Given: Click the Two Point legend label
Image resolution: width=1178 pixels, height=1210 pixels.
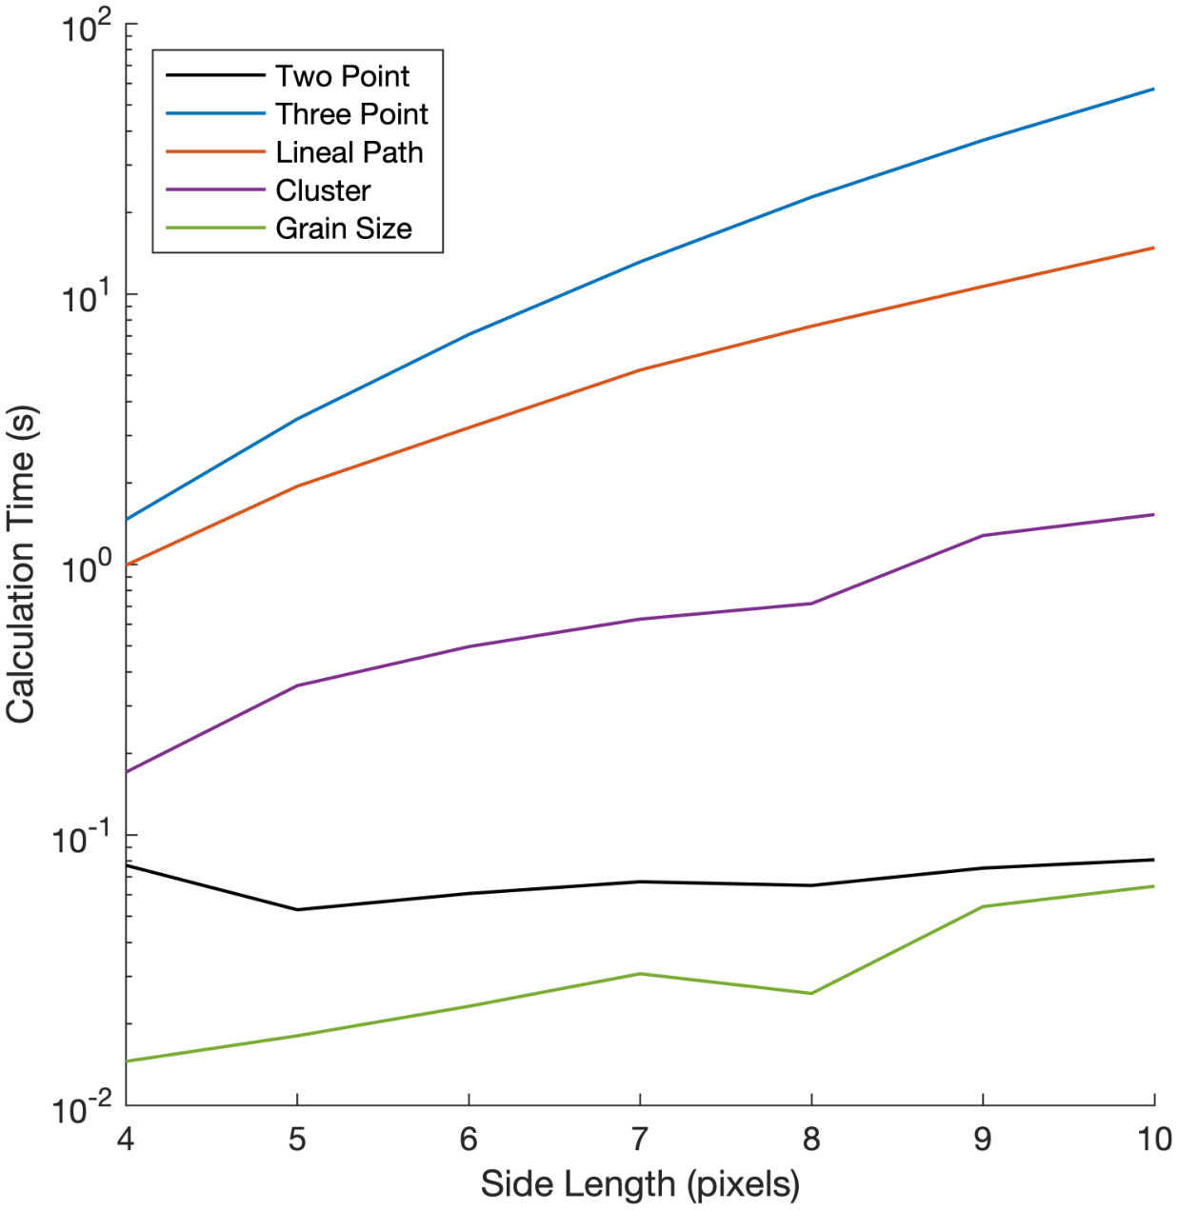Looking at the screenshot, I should tap(342, 76).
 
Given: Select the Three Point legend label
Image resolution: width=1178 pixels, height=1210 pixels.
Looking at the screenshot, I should tap(351, 114).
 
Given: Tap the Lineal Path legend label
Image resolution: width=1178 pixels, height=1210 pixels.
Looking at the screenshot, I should tap(349, 152).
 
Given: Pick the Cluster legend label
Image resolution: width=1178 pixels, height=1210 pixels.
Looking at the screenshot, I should tap(323, 190).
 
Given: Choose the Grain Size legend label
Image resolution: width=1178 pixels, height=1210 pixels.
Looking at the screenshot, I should tap(343, 228).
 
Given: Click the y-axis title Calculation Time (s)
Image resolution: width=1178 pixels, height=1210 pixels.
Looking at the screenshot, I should tap(21, 564).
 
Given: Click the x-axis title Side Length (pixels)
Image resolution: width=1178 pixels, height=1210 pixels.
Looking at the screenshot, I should tap(640, 1184).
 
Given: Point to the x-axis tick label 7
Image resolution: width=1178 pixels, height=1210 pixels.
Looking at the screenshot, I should tap(640, 1139).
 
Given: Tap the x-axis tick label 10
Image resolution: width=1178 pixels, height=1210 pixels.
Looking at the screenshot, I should tap(1154, 1139).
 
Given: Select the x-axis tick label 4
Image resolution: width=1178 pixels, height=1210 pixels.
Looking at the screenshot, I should tap(126, 1139).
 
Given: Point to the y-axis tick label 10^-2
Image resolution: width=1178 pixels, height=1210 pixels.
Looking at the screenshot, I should tap(84, 1107).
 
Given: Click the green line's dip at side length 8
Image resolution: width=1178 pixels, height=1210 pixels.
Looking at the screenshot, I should tap(811, 993).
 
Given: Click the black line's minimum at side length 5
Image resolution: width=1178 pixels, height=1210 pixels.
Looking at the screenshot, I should tap(297, 909).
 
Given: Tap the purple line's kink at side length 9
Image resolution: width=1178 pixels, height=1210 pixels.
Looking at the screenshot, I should tap(983, 535).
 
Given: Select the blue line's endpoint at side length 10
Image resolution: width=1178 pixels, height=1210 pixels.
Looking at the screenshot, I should tap(1153, 89).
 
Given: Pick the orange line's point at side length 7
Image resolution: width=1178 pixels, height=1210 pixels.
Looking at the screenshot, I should tap(640, 369).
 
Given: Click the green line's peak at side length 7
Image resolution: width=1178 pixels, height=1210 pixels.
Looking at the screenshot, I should tap(640, 973).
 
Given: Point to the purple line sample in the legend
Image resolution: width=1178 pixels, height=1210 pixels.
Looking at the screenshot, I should tap(215, 190).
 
